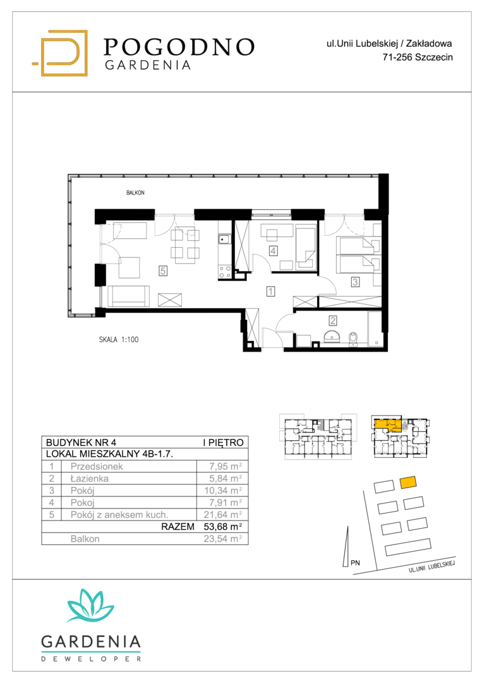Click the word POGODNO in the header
(x=179, y=47)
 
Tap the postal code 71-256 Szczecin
(x=418, y=57)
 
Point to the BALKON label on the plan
(x=135, y=192)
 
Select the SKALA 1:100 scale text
(x=119, y=340)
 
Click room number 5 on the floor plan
(x=163, y=271)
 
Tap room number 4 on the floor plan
(x=273, y=251)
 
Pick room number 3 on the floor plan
(x=356, y=282)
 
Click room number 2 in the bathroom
(x=333, y=321)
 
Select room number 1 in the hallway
(x=270, y=291)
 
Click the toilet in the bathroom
(x=352, y=338)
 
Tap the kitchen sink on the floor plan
(x=224, y=239)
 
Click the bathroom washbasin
(x=334, y=336)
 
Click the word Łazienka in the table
(x=90, y=478)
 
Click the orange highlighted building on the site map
(x=408, y=482)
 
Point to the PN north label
(x=356, y=563)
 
